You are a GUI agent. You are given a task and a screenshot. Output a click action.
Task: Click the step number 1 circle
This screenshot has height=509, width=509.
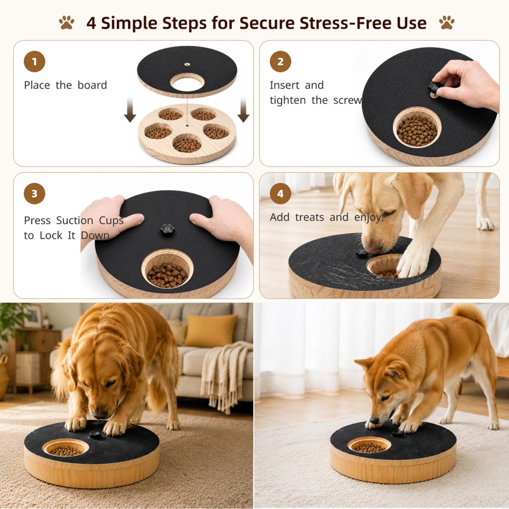coord(34,61)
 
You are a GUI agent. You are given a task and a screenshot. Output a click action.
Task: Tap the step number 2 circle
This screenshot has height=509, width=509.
coord(280,61)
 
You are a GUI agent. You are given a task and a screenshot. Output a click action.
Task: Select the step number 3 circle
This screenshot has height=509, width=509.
coord(34,193)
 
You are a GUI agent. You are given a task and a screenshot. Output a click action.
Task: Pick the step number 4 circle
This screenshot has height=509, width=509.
coord(280,193)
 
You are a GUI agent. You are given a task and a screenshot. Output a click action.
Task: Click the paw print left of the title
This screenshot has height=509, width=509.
coord(67,23)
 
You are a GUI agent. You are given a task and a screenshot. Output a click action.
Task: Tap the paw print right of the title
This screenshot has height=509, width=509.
coord(447,23)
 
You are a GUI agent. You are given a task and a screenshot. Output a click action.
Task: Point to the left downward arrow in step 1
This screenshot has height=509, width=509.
coord(130,110)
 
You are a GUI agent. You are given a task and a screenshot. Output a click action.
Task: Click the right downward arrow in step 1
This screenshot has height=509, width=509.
coord(243,110)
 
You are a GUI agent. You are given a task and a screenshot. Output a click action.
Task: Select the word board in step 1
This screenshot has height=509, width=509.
coord(92,85)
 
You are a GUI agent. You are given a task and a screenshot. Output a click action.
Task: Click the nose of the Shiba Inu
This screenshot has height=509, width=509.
coord(374,421)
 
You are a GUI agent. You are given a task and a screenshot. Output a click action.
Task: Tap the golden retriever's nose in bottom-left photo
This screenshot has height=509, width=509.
coord(100,414)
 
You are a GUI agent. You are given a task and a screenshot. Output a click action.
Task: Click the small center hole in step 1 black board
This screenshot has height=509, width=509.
coord(187,64)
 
